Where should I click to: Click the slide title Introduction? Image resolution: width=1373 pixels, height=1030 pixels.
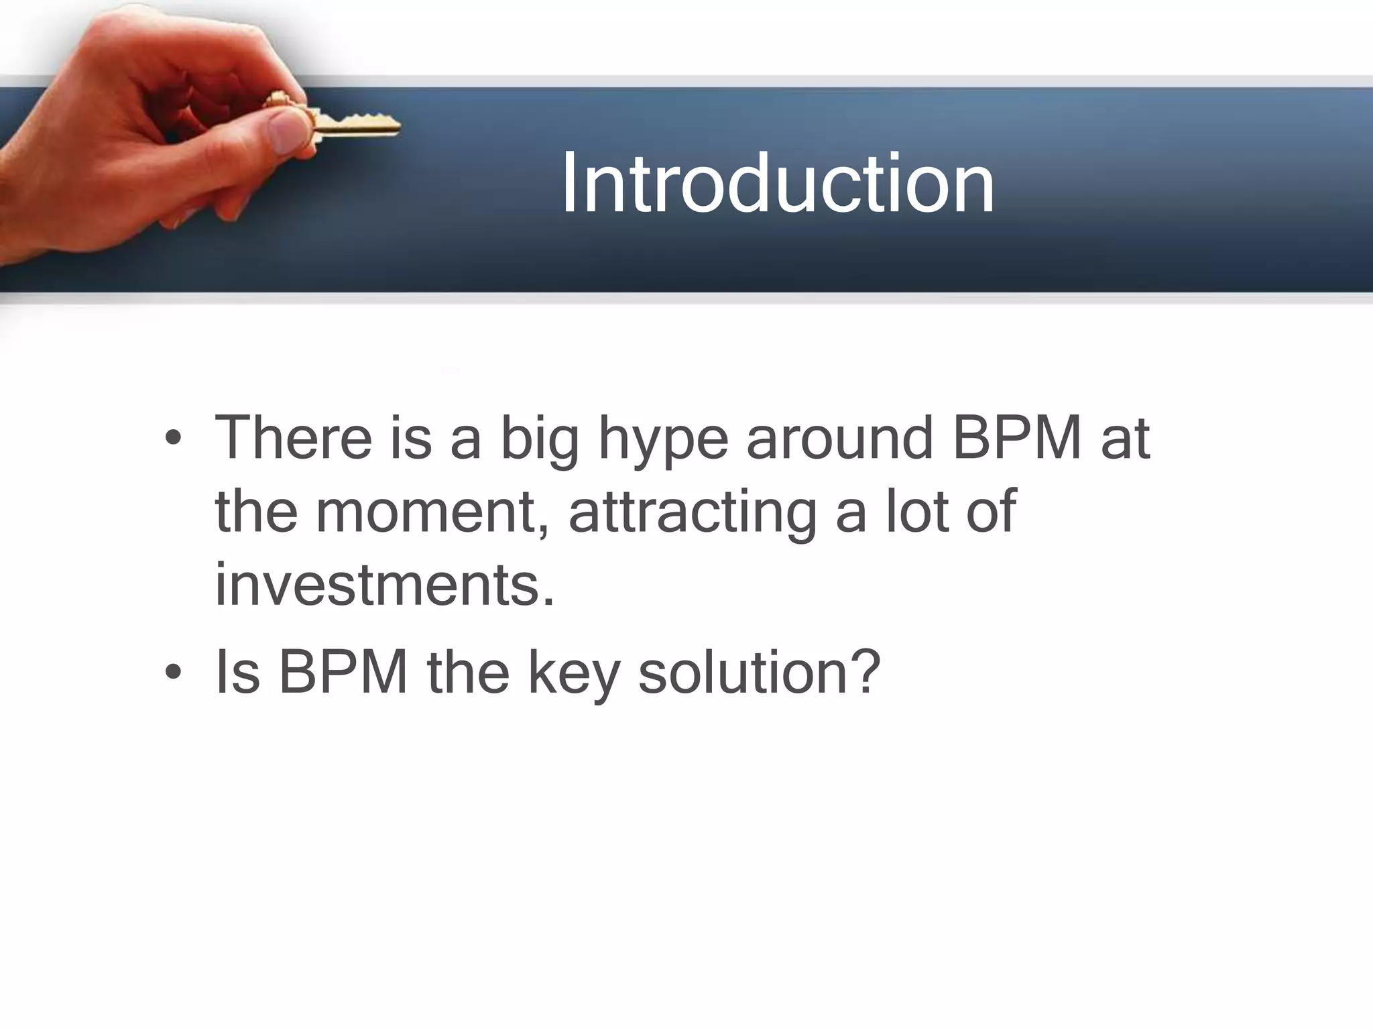778,183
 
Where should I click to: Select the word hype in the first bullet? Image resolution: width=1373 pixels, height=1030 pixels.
662,439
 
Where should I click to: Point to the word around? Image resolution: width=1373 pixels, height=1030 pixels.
839,439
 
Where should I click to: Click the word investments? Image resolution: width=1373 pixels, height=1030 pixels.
385,585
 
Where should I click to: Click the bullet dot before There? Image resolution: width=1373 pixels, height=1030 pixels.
173,439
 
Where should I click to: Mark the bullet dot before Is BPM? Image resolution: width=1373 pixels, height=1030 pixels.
173,673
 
